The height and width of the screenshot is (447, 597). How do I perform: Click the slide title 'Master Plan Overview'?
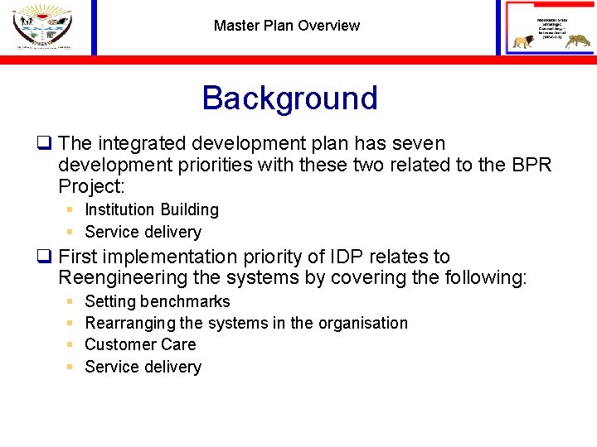click(x=286, y=26)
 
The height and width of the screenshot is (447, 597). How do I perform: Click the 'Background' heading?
click(x=289, y=98)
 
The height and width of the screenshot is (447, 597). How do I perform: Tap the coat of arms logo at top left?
click(x=42, y=26)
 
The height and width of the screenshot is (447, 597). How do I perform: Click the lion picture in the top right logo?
click(x=525, y=42)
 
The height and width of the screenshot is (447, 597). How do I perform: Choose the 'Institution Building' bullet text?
click(x=152, y=210)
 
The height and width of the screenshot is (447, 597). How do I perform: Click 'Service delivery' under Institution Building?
click(x=143, y=233)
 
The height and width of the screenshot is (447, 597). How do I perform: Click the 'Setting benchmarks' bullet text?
click(x=158, y=302)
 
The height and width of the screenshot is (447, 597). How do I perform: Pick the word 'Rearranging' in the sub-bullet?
click(x=130, y=323)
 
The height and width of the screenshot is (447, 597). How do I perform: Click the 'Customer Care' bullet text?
click(x=140, y=344)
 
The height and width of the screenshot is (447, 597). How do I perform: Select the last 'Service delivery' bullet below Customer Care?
click(x=143, y=367)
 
